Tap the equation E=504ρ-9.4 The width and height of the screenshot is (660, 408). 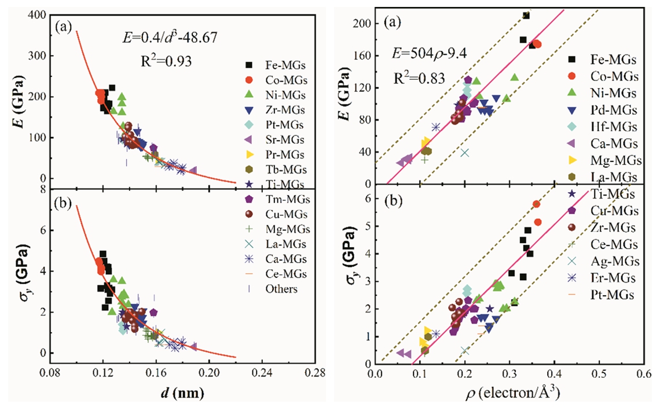click(x=431, y=55)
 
